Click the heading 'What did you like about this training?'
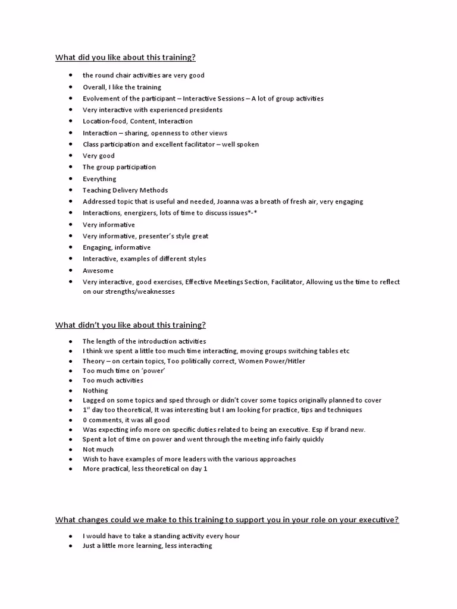tap(125, 57)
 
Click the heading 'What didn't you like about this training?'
tap(130, 325)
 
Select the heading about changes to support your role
tap(227, 519)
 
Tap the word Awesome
tap(98, 270)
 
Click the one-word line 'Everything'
tap(99, 178)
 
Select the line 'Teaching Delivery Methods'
tap(125, 190)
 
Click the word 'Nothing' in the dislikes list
tap(95, 391)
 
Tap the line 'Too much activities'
tap(112, 381)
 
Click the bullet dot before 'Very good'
tap(71, 156)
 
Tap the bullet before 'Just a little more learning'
tap(71, 546)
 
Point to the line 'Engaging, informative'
tap(117, 247)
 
